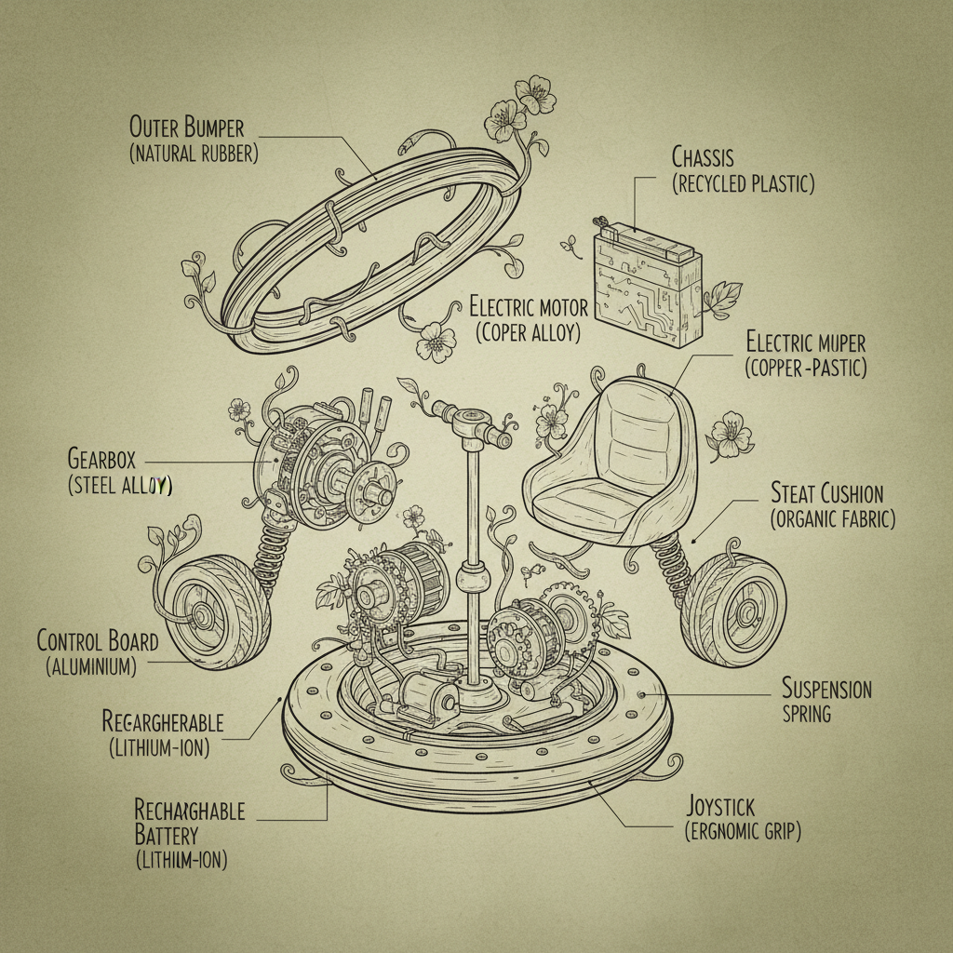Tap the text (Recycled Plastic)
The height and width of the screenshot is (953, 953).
(743, 183)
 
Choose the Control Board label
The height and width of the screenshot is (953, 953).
(97, 640)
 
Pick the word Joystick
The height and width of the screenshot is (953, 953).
(721, 804)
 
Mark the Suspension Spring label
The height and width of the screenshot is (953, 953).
(826, 700)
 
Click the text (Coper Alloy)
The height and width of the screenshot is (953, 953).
(527, 333)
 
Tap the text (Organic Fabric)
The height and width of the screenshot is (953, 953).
(833, 519)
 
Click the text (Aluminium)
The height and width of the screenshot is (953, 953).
(91, 666)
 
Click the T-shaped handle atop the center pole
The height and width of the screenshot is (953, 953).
(474, 425)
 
